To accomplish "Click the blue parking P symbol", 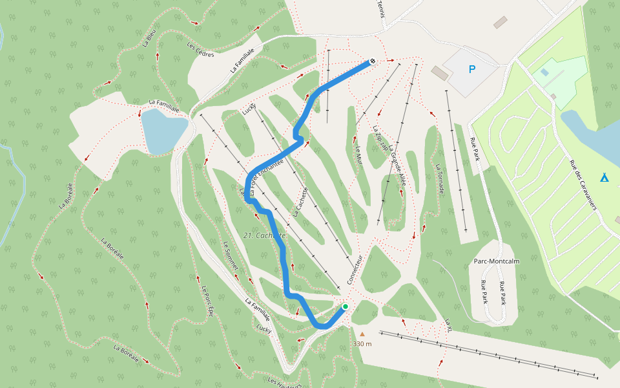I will (471, 69).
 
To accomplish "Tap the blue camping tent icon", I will (604, 177).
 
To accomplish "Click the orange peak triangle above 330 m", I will (362, 334).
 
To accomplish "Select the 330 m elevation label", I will (362, 344).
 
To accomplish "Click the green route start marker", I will (346, 307).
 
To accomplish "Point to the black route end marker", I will (373, 61).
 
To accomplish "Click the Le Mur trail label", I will (359, 155).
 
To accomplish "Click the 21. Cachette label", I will (265, 235).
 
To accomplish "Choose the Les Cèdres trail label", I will (200, 49).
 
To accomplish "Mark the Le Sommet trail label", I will (230, 255).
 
